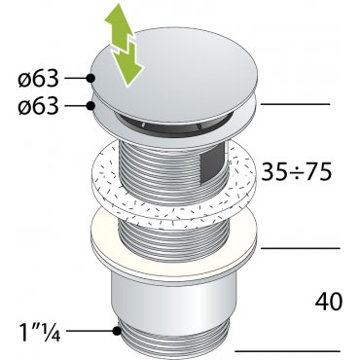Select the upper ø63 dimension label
click(x=39, y=79)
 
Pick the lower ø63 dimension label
click(x=39, y=106)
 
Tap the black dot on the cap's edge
click(x=90, y=78)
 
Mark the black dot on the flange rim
click(x=90, y=106)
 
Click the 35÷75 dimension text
click(x=297, y=171)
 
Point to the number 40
click(x=328, y=302)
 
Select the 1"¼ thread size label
click(x=40, y=331)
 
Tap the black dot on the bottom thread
click(x=115, y=331)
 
